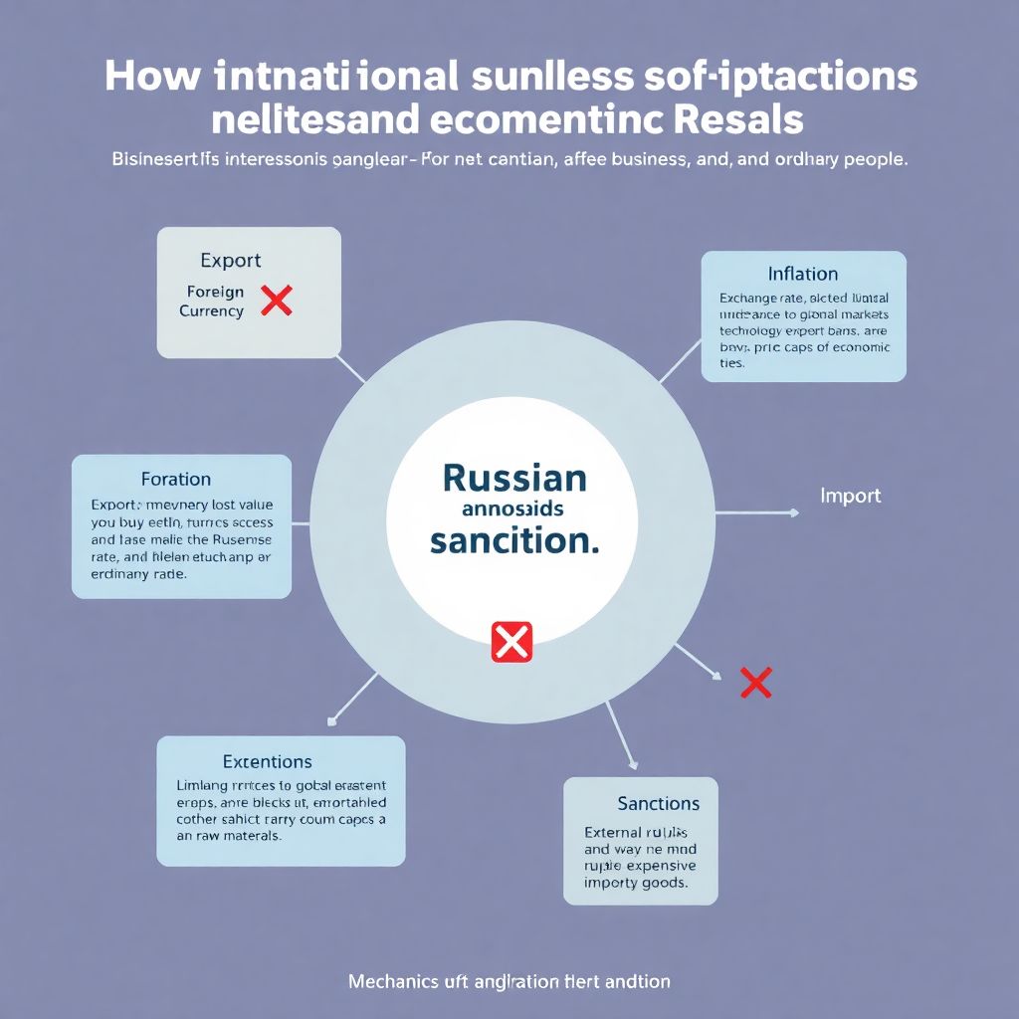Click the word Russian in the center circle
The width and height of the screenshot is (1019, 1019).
click(x=513, y=478)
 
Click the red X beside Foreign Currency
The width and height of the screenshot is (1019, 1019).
click(x=276, y=300)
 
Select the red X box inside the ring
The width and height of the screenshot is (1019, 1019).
click(x=511, y=642)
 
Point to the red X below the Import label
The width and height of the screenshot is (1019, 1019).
click(x=756, y=683)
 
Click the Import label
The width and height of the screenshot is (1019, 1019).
click(x=850, y=495)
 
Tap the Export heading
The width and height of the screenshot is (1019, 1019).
click(x=230, y=261)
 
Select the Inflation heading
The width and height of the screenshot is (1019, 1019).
click(x=802, y=274)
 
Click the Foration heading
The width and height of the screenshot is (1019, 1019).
click(x=176, y=479)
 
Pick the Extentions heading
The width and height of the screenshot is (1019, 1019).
click(x=267, y=762)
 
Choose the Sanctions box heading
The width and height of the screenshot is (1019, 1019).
click(x=658, y=803)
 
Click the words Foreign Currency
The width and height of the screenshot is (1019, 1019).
click(x=214, y=302)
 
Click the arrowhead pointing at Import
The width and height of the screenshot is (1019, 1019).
click(x=793, y=513)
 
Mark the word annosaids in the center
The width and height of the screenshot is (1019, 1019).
click(x=513, y=509)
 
